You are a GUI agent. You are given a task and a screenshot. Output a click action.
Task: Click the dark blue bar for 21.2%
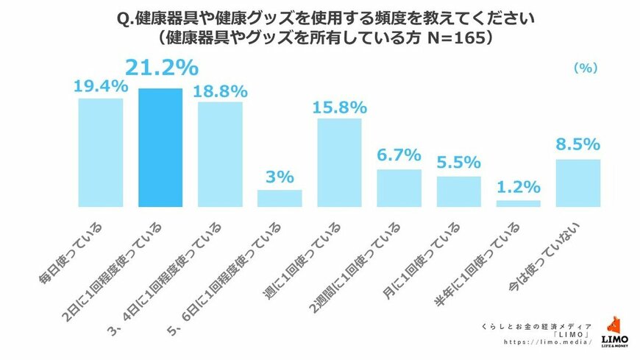(x=160, y=147)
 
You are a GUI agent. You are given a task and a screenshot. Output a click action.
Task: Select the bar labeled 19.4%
(x=101, y=152)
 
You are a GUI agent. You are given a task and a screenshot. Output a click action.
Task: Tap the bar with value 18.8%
(x=220, y=154)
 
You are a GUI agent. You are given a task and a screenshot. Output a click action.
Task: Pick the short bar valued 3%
(x=280, y=198)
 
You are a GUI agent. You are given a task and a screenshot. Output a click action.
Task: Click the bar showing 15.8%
(x=339, y=162)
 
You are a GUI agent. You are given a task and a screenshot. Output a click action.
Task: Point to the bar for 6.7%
(x=399, y=188)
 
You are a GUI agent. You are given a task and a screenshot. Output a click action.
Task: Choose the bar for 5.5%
(x=458, y=191)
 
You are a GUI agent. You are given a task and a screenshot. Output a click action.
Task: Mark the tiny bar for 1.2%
(x=519, y=203)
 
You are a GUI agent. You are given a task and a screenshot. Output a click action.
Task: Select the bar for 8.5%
(x=578, y=183)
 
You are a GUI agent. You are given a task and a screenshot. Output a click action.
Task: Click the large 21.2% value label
(x=161, y=68)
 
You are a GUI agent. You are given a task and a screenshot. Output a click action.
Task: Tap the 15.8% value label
(x=339, y=107)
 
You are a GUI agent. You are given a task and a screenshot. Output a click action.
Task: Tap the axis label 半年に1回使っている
(x=490, y=257)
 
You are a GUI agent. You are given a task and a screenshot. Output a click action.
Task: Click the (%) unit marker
(x=585, y=68)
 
